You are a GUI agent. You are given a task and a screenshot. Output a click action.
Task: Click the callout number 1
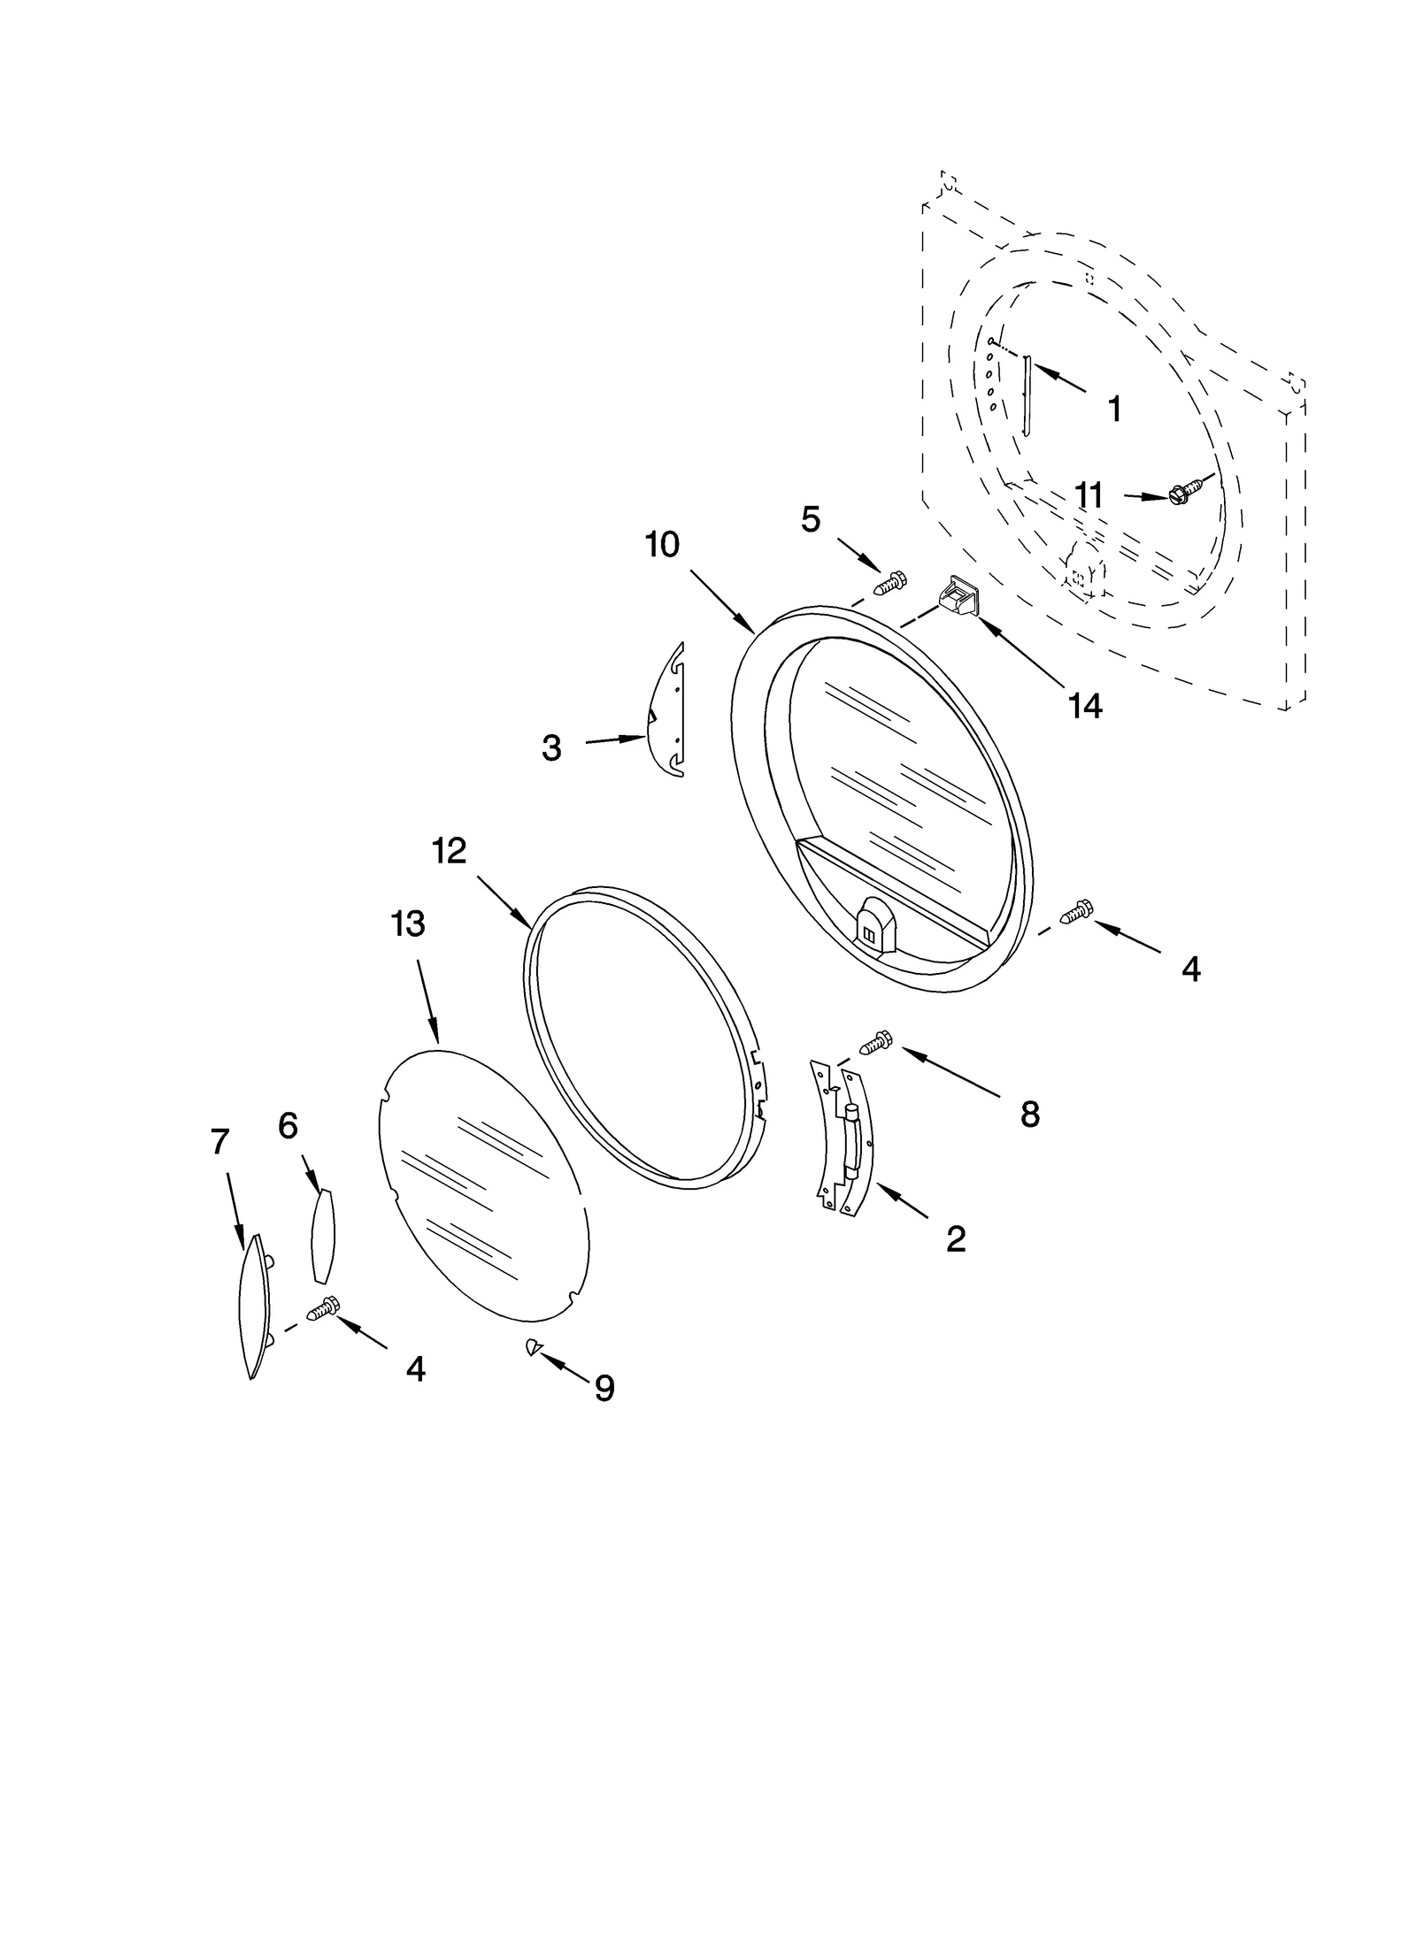(1114, 409)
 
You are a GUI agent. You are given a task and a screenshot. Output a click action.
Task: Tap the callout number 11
(1088, 496)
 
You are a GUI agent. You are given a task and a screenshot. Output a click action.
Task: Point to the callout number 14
(1084, 705)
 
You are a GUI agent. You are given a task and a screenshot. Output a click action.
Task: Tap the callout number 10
(661, 545)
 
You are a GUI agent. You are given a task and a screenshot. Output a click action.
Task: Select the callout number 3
(551, 748)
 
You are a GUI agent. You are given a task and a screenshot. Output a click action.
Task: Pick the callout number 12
(449, 851)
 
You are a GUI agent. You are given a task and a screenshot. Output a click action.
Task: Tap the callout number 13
(408, 923)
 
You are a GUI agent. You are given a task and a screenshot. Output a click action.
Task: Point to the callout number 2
(955, 1239)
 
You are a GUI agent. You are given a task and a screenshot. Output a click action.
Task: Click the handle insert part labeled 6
(323, 1235)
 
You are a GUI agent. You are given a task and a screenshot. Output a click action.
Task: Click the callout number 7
(220, 1142)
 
